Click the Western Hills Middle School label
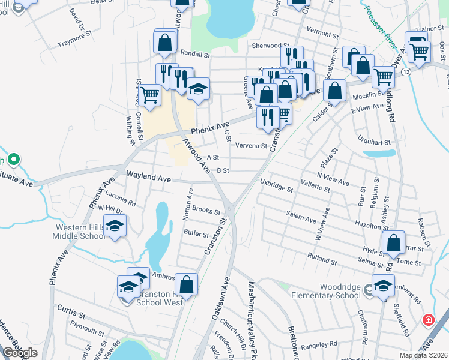pyautogui.click(x=80, y=232)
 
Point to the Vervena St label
pyautogui.click(x=250, y=145)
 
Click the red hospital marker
pyautogui.click(x=428, y=320)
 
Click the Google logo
pyautogui.click(x=20, y=352)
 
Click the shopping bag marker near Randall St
pyautogui.click(x=164, y=43)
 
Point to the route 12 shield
pyautogui.click(x=406, y=72)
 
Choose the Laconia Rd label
pyautogui.click(x=121, y=199)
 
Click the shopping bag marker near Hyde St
pyautogui.click(x=393, y=243)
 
